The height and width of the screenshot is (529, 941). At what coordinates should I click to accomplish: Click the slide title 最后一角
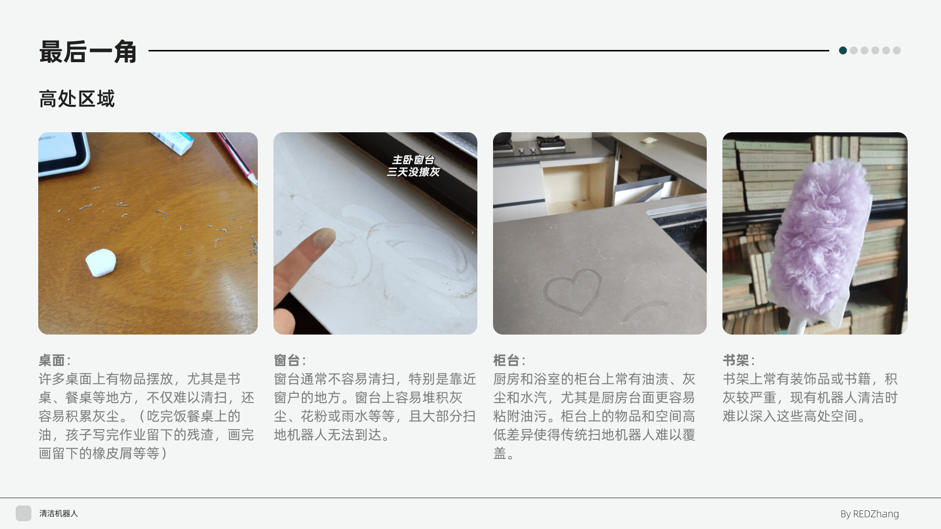coord(88,51)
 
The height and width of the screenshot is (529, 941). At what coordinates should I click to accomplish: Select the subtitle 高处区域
coord(76,99)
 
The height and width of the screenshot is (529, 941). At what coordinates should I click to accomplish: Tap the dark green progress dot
coord(843,50)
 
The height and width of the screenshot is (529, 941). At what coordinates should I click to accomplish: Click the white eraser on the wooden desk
coord(101,263)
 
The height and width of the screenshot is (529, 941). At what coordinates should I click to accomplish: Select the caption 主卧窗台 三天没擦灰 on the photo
coord(413,166)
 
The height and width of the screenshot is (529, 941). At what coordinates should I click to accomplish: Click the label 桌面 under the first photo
coord(51,361)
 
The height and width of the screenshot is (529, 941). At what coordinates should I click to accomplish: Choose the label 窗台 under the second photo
coord(287,361)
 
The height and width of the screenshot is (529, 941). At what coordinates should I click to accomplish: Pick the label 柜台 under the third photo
coord(506,361)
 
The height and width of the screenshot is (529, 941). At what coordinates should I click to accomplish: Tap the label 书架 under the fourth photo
coord(736,361)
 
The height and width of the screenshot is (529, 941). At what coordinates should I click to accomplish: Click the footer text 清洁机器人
coord(58,513)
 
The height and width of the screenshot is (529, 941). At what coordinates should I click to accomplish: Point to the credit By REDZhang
coord(869,514)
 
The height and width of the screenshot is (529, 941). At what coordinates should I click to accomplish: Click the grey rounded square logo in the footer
coord(24,513)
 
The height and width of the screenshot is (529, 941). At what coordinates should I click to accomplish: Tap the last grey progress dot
coord(897,50)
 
